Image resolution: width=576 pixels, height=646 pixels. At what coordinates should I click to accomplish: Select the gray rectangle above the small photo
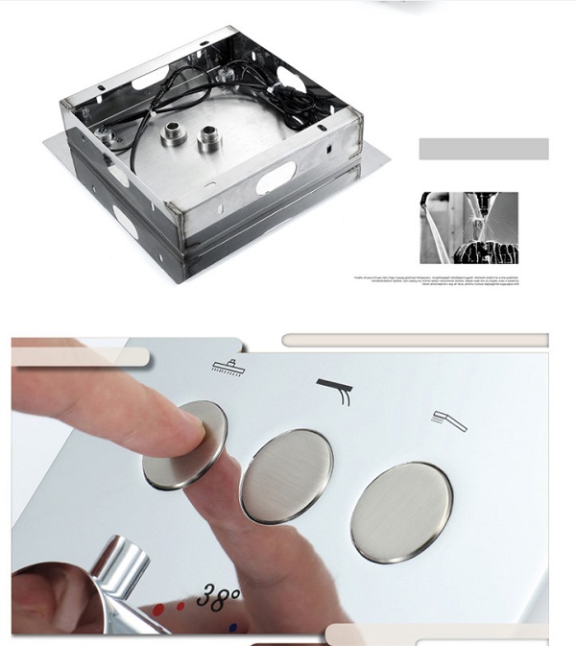tap(484, 149)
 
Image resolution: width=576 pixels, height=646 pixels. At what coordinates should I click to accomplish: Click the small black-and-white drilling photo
tap(468, 227)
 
